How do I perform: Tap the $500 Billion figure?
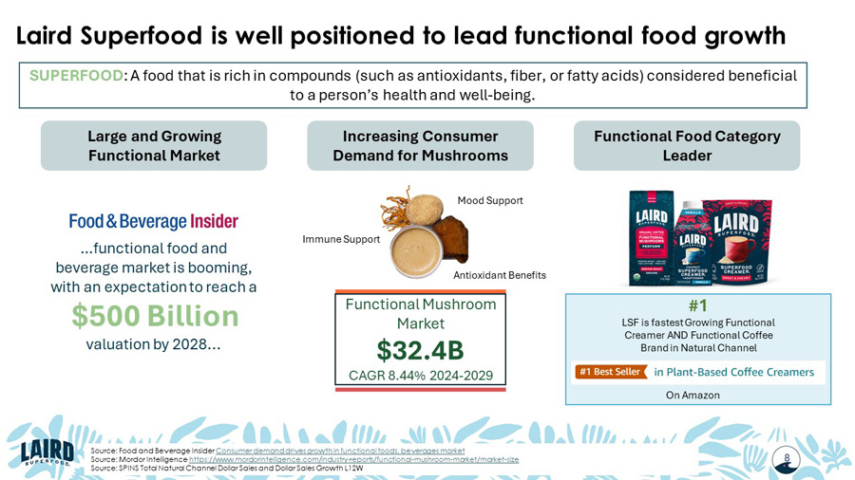pos(155,316)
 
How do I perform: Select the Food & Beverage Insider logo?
pos(153,221)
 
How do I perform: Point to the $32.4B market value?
pos(420,350)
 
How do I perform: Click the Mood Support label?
pos(490,201)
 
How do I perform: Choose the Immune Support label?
pos(341,239)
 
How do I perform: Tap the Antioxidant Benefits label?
pos(500,275)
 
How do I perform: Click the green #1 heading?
pos(697,305)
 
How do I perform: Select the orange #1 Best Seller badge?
pos(608,372)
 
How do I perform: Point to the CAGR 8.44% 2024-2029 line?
pos(420,376)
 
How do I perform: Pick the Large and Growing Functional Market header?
pos(154,146)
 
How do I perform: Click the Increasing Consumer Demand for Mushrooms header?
pos(420,146)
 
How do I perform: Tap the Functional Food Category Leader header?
pos(687,146)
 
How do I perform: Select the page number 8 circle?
pos(787,458)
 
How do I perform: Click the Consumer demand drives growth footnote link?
pos(340,450)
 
